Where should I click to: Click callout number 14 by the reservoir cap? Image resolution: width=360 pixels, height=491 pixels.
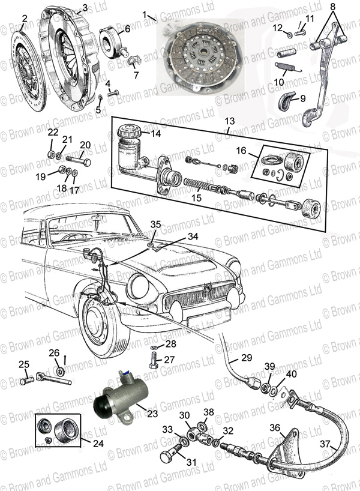[155, 134]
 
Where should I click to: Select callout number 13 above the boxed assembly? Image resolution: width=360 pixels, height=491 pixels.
[231, 122]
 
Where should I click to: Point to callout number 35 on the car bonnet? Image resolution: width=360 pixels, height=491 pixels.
[155, 224]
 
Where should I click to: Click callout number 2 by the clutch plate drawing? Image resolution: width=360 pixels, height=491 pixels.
[23, 19]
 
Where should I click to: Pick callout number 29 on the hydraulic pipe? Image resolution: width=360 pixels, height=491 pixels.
[247, 359]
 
